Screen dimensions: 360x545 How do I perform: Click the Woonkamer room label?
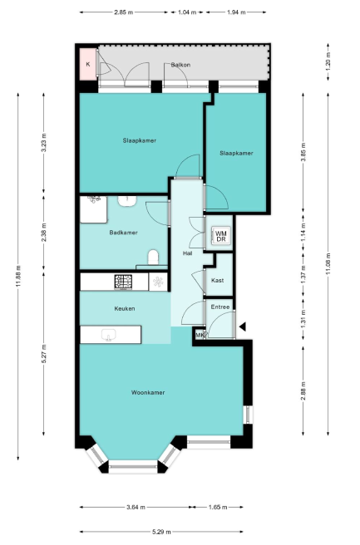coord(148,392)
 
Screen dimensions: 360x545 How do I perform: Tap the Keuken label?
coord(125,308)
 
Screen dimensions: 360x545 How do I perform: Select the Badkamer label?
coord(124,233)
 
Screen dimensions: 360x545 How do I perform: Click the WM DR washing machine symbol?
coord(221,236)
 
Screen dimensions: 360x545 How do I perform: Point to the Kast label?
coord(217,280)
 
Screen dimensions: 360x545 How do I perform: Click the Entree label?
coord(220,307)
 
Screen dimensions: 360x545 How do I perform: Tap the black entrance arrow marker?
coord(243,327)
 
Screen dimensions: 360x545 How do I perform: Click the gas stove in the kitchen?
coord(124,282)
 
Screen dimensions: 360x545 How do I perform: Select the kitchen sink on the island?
coord(109,336)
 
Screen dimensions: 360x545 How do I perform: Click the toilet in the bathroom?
coord(153,258)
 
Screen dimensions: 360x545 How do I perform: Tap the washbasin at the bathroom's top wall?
coord(127,201)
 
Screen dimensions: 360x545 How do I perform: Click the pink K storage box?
coord(88,64)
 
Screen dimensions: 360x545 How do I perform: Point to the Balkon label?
coord(180,65)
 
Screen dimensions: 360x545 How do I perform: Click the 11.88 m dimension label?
coord(18,277)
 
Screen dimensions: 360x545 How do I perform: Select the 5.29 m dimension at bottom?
coord(161,532)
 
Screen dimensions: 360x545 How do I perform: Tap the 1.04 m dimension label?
coord(187,12)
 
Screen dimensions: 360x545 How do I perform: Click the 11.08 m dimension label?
coord(328,264)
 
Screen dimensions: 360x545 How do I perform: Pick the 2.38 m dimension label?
coord(43,232)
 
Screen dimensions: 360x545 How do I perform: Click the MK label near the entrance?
coord(200,336)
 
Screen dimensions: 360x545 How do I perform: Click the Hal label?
coord(187,253)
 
